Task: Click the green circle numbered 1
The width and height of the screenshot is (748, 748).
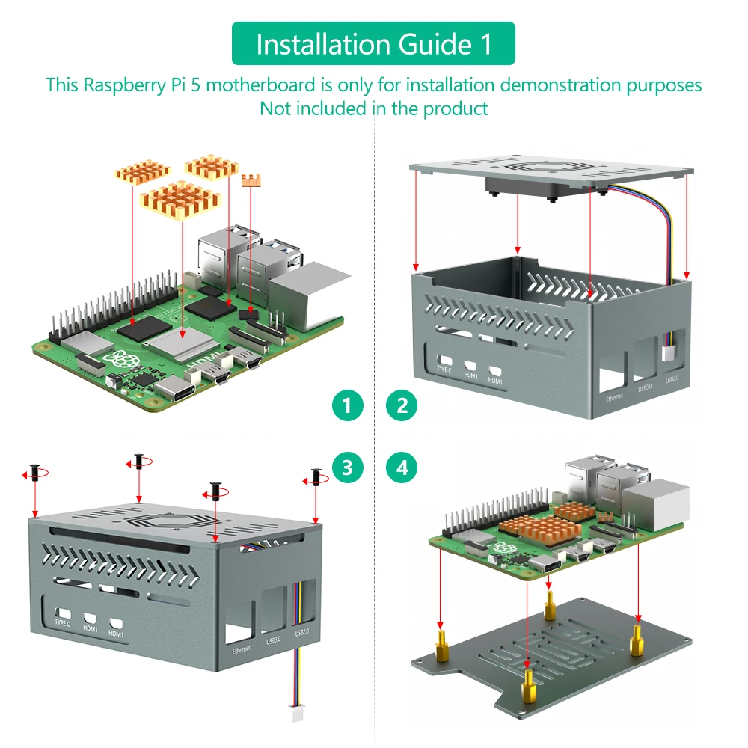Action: pyautogui.click(x=347, y=406)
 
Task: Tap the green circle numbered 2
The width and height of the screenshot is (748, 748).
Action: pyautogui.click(x=402, y=406)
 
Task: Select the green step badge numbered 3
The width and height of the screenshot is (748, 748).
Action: pyautogui.click(x=347, y=468)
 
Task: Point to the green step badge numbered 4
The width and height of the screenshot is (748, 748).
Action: pyautogui.click(x=402, y=468)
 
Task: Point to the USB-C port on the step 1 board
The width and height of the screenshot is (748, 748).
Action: pyautogui.click(x=177, y=390)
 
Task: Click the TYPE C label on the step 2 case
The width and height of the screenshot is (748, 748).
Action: pyautogui.click(x=444, y=369)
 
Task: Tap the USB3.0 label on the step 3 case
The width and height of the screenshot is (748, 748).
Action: pyautogui.click(x=272, y=640)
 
